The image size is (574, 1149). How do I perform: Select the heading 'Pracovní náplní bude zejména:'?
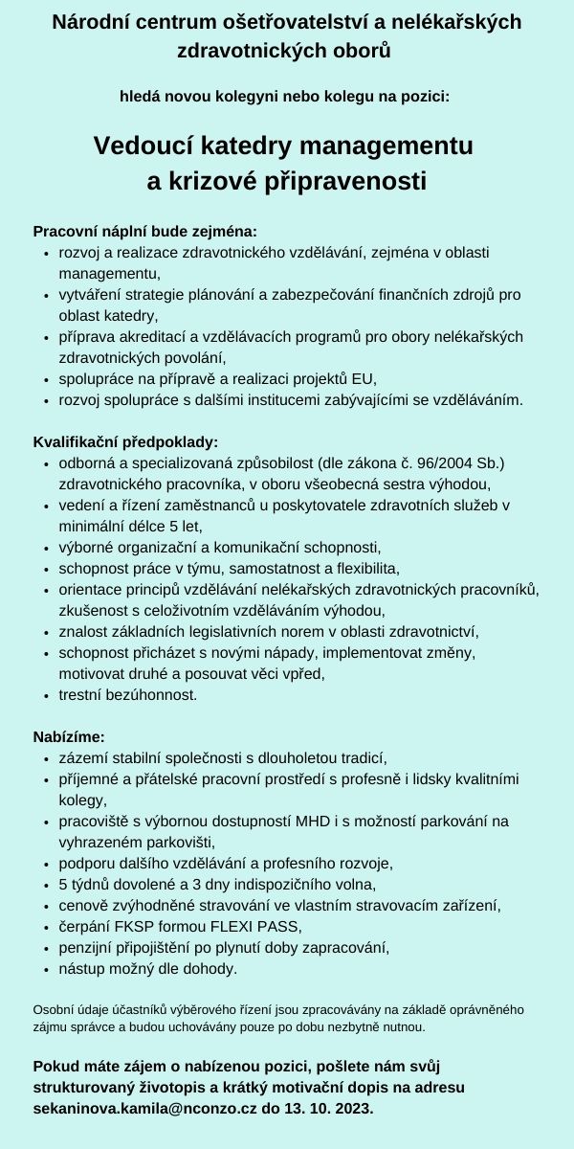[x=144, y=231]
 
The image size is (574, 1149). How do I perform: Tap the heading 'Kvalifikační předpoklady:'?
[x=125, y=442]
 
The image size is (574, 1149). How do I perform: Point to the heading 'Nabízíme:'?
[x=69, y=737]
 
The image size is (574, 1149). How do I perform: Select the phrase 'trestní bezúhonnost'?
[x=127, y=694]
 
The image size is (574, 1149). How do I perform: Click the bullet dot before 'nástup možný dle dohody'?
[x=47, y=969]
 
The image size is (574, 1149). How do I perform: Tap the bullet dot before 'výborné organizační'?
[x=47, y=549]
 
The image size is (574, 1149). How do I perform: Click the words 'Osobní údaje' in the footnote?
[x=66, y=1009]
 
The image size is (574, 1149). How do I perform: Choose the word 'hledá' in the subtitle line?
[x=140, y=96]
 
